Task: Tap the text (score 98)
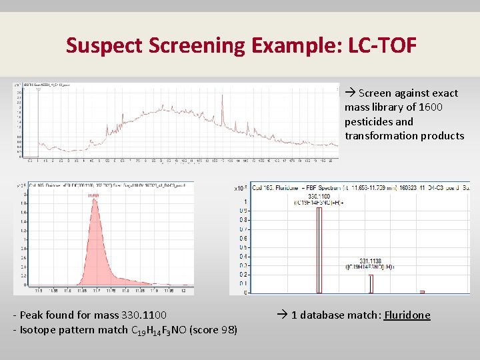point(214,329)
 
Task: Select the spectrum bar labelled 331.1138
point(371,283)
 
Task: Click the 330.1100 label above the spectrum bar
point(320,196)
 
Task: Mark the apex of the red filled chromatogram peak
point(95,201)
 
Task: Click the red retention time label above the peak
point(94,195)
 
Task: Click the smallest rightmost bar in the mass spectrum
point(422,291)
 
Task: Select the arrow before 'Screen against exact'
point(350,93)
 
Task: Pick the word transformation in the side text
point(377,135)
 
